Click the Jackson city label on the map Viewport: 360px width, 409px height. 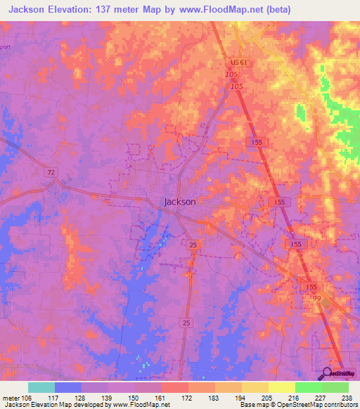point(179,201)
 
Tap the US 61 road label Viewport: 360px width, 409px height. point(239,62)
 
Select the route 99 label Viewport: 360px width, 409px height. point(316,298)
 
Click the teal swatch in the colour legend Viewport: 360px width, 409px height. point(41,387)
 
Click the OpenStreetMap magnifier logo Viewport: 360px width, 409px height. point(327,373)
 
